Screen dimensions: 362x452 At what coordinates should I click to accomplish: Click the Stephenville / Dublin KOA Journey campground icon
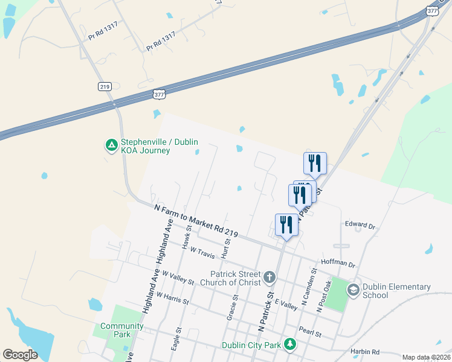click(x=111, y=145)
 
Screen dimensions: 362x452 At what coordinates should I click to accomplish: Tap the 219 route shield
click(x=105, y=87)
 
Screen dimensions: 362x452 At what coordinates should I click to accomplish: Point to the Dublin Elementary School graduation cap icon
click(x=352, y=291)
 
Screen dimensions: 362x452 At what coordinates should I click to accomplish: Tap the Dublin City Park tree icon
click(x=291, y=345)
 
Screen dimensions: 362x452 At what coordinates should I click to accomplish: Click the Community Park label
click(x=122, y=330)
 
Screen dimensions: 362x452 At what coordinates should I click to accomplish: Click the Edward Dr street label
click(x=360, y=225)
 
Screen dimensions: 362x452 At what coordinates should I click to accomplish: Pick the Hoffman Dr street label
click(x=338, y=263)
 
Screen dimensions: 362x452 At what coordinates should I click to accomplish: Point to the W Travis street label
click(x=202, y=249)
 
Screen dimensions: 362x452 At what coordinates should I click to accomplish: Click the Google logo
click(x=21, y=355)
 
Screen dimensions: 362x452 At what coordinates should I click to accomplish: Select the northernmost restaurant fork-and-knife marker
click(x=315, y=163)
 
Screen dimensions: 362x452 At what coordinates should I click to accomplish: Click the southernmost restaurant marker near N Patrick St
click(x=286, y=224)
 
